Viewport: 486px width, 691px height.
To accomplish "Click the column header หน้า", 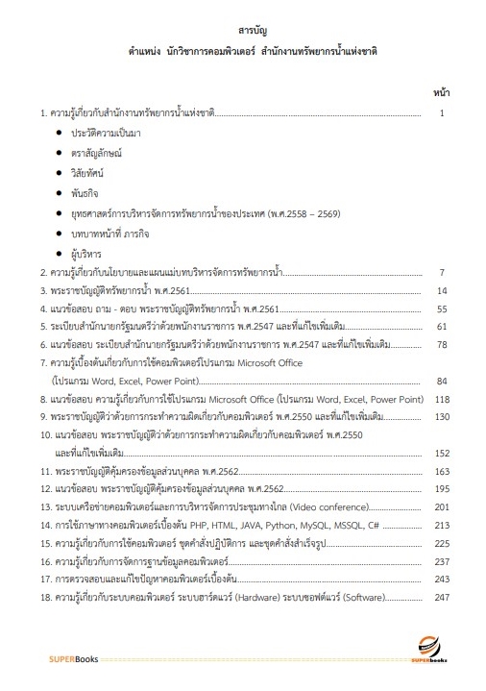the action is pyautogui.click(x=442, y=95).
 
